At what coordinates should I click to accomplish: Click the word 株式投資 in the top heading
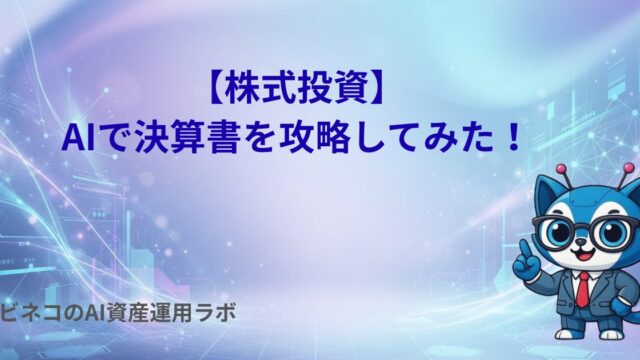pyautogui.click(x=296, y=90)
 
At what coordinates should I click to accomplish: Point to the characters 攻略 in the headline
pyautogui.click(x=315, y=138)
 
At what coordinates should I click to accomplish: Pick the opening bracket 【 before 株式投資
pyautogui.click(x=216, y=90)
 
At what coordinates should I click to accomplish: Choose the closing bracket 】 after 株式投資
pyautogui.click(x=376, y=90)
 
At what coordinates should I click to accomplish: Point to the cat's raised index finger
pyautogui.click(x=525, y=248)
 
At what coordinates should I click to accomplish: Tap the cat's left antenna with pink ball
pyautogui.click(x=567, y=175)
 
